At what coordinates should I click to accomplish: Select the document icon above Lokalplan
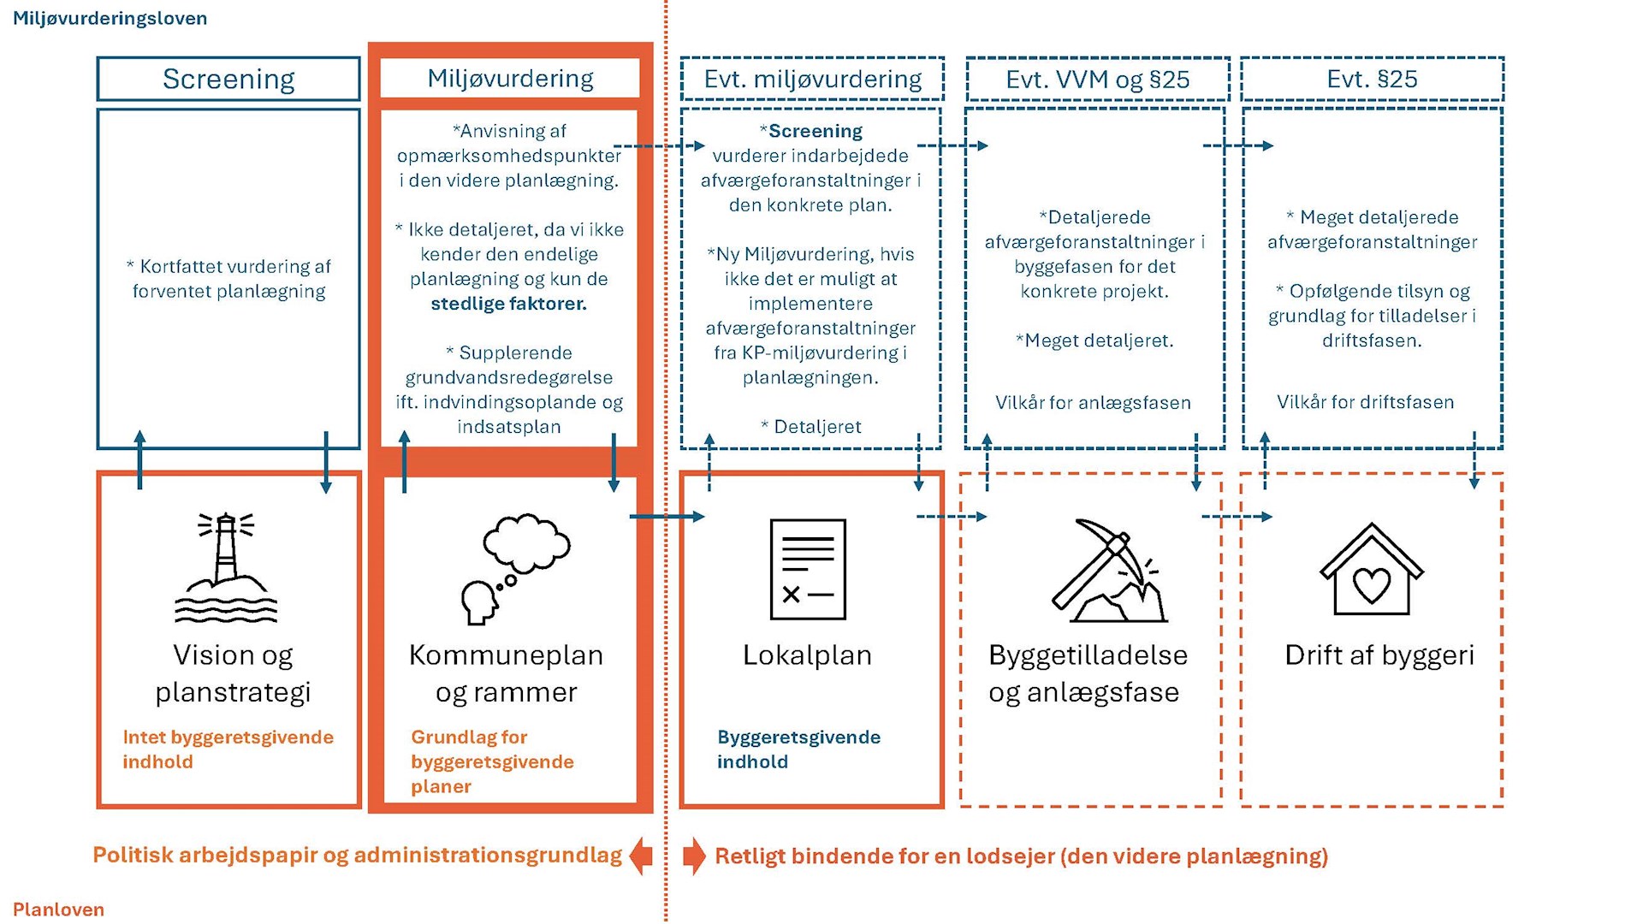coord(808,569)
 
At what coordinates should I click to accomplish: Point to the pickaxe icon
coord(1109,570)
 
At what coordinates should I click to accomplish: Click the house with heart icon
coord(1372,569)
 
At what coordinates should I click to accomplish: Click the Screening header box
coord(228,79)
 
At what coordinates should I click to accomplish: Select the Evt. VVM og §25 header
coord(1098,80)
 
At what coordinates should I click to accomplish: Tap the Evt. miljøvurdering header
coord(813,80)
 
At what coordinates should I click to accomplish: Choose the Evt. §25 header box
coord(1373,80)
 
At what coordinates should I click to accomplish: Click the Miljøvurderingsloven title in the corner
coord(110,18)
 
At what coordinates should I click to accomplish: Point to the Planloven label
coord(58,909)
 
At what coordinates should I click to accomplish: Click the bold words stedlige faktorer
coord(508,304)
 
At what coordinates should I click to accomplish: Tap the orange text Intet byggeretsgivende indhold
coord(228,749)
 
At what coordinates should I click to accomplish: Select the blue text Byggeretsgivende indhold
coord(798,749)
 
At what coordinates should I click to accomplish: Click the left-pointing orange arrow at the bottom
coord(641,856)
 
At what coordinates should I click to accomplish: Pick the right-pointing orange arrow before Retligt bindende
coord(694,856)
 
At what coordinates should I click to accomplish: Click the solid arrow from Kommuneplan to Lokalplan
coord(667,517)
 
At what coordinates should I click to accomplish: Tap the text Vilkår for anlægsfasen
coord(1093,403)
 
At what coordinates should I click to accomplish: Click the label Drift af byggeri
coord(1379,655)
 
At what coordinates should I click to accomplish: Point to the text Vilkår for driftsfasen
coord(1366,402)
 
